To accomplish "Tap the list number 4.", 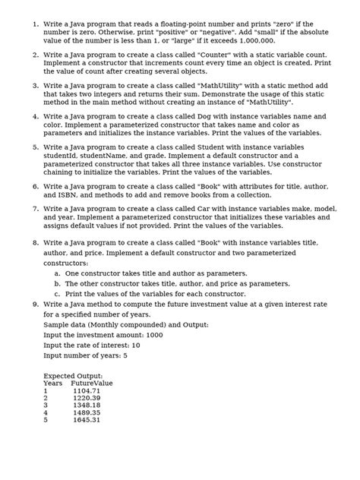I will (x=35, y=116).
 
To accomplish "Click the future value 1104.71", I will (x=91, y=393).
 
